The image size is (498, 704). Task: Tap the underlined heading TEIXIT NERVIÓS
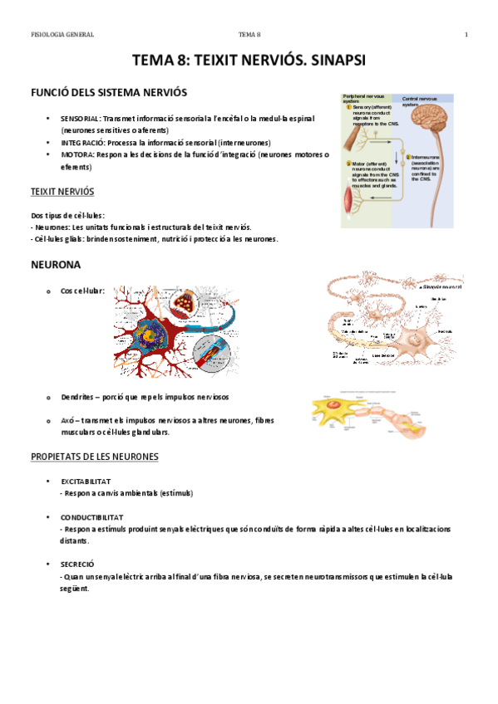click(x=62, y=191)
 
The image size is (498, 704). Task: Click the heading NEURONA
click(x=55, y=265)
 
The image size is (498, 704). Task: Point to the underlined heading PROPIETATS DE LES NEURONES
click(x=95, y=457)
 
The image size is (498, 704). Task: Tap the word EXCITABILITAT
click(x=86, y=482)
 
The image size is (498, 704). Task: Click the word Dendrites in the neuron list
click(x=79, y=396)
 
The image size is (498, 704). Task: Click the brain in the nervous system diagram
click(x=433, y=116)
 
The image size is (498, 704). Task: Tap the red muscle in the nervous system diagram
click(x=350, y=199)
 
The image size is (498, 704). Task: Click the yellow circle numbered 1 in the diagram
click(x=348, y=107)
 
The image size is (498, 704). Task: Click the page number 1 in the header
click(x=466, y=34)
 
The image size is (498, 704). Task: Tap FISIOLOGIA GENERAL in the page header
click(x=62, y=34)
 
